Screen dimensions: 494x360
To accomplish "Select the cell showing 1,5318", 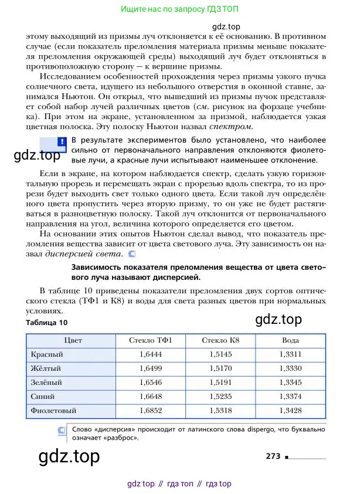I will pos(220,410).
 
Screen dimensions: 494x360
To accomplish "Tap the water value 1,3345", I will pos(290,382).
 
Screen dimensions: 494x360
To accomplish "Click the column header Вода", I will pos(290,340).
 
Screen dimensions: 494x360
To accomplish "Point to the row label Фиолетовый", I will pos(53,410).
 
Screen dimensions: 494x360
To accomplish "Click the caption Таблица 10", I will pos(47,323).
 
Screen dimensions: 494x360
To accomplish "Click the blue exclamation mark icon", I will pos(62,142).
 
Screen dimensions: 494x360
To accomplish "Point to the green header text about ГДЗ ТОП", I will pos(179,9).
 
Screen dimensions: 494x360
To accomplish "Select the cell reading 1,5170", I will pos(220,368).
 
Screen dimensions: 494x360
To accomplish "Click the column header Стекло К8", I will pos(220,340).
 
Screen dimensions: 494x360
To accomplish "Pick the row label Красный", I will pos(47,354).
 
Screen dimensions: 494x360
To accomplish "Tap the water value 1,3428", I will pos(290,410).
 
